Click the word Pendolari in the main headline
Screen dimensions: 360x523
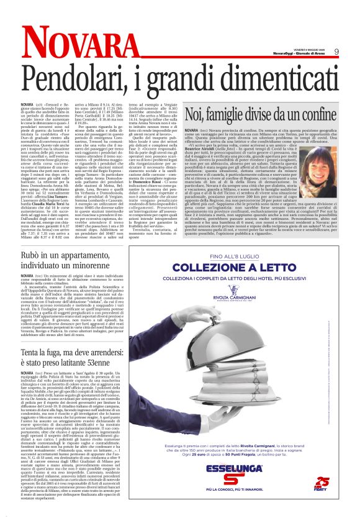pos(79,75)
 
